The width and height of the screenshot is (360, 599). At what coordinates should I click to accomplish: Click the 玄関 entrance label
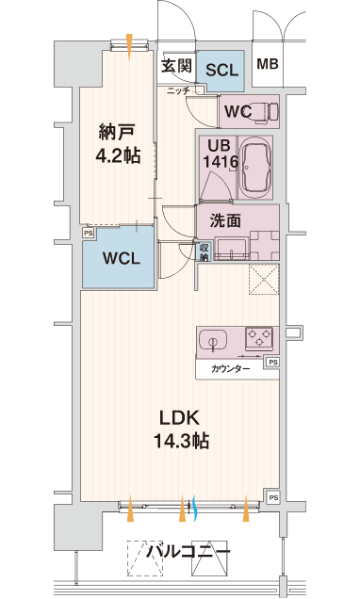176,66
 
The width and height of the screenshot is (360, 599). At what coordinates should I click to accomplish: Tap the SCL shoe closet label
221,70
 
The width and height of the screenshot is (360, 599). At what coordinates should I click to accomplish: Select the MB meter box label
268,64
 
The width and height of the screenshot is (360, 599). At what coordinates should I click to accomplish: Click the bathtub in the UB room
256,168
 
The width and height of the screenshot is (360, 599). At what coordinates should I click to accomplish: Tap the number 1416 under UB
221,162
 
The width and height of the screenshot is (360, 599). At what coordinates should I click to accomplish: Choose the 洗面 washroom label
225,220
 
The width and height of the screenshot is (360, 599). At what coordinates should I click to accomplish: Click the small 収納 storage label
204,252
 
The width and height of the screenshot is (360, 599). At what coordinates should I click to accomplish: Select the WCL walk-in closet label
122,259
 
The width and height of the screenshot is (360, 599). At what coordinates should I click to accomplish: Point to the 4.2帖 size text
118,155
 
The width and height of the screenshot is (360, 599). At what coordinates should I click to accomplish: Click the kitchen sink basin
213,338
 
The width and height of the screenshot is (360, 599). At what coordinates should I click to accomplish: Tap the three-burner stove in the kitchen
259,338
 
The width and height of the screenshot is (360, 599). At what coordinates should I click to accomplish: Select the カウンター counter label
231,369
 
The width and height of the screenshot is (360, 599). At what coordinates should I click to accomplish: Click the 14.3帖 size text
181,441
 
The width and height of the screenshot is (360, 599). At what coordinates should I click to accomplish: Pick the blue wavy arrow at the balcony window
194,509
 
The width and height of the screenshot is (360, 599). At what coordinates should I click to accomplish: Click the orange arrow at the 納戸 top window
129,47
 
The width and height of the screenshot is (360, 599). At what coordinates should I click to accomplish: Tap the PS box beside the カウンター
273,362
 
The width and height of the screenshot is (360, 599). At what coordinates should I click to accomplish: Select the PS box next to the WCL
89,233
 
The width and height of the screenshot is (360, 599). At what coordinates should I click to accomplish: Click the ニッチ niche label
178,90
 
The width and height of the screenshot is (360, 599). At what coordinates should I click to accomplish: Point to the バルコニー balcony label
188,551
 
